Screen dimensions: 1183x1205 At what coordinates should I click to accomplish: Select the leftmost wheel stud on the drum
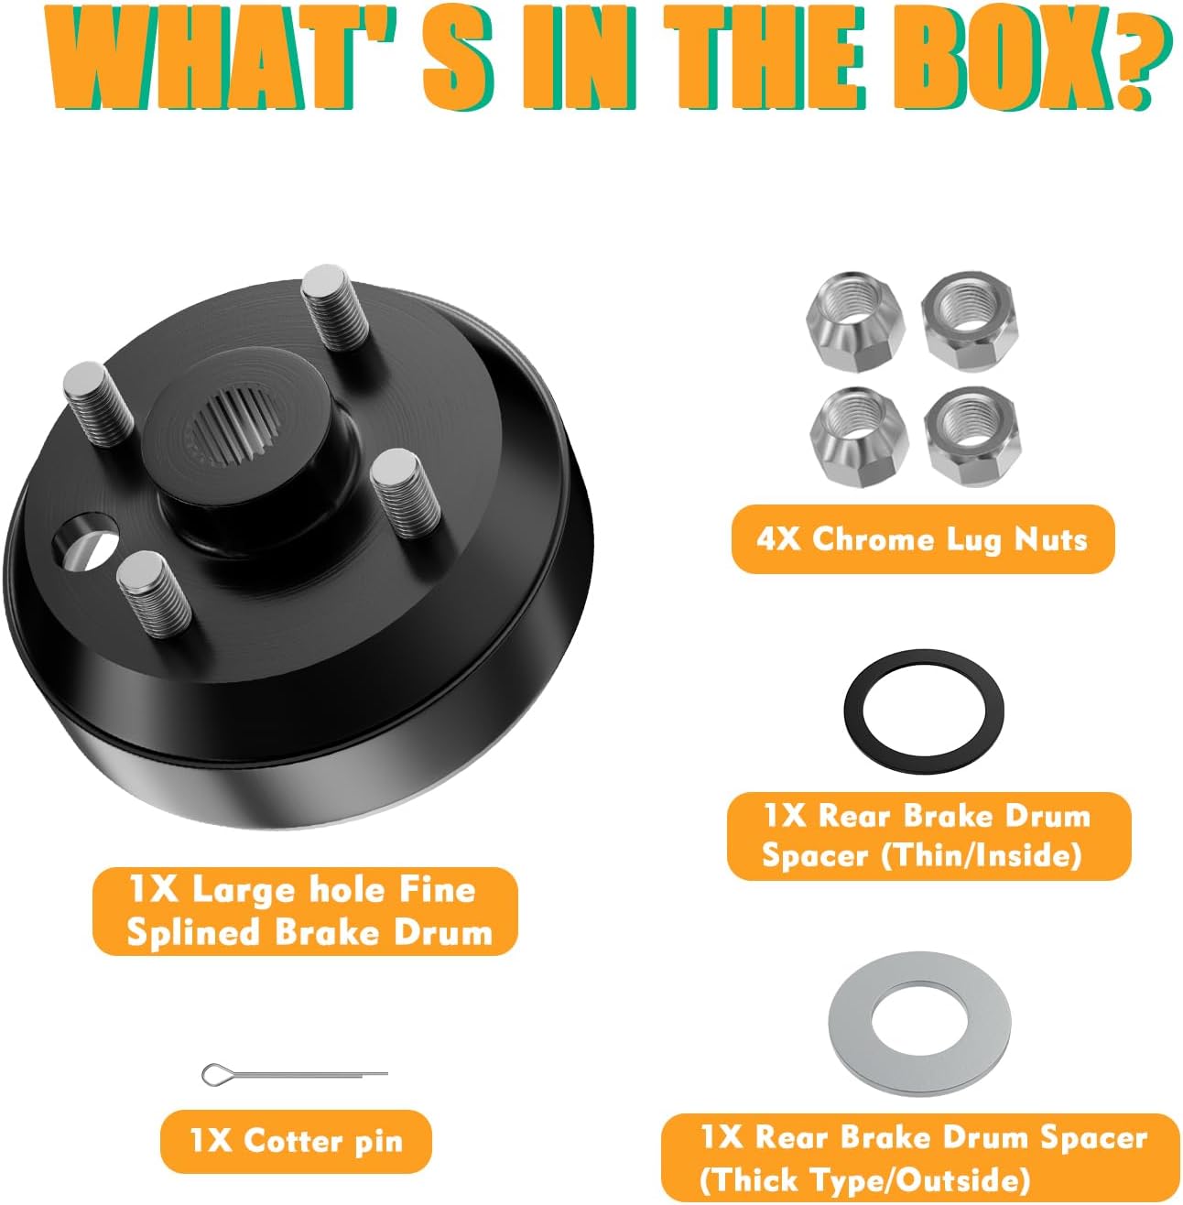coord(99,403)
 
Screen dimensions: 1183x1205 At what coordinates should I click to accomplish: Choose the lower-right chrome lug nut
coord(971,436)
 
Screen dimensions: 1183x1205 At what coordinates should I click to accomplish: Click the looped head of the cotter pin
coord(214,1075)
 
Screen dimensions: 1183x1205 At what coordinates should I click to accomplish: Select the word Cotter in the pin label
coord(292,1140)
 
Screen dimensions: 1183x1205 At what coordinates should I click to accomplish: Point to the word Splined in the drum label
coord(193,933)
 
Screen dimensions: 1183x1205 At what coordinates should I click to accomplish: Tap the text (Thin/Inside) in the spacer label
coord(981,855)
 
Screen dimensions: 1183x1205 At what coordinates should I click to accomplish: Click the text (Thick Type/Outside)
coord(864,1180)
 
